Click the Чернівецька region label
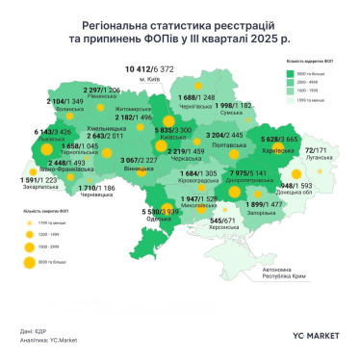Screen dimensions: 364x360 pyautogui.click(x=99, y=195)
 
